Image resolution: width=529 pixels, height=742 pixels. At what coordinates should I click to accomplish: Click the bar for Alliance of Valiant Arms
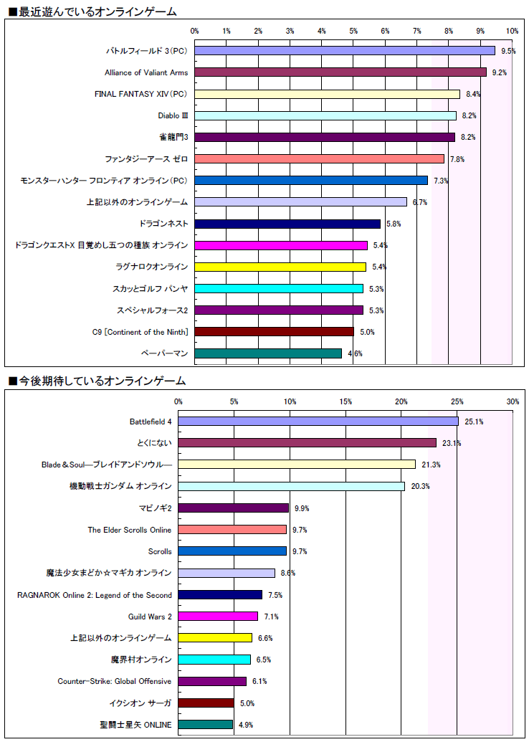pyautogui.click(x=340, y=72)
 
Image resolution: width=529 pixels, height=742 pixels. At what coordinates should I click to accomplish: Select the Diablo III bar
pyautogui.click(x=325, y=115)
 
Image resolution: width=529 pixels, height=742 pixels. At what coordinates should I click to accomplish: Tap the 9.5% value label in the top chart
pyautogui.click(x=508, y=51)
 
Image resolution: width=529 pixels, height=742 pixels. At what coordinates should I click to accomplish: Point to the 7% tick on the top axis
pyautogui.click(x=416, y=32)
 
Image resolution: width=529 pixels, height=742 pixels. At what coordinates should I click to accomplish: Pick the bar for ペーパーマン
pyautogui.click(x=268, y=353)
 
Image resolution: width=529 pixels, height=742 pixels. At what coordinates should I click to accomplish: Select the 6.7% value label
pyautogui.click(x=419, y=202)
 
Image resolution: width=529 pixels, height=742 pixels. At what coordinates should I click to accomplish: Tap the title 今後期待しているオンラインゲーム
pyautogui.click(x=96, y=381)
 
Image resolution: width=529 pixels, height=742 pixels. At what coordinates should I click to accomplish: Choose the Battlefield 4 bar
pyautogui.click(x=318, y=422)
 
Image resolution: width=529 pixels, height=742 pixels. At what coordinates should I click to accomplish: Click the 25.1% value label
pyautogui.click(x=474, y=422)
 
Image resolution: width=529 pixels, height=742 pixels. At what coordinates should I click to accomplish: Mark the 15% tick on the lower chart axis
pyautogui.click(x=345, y=401)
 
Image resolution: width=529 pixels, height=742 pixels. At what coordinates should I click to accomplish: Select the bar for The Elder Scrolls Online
pyautogui.click(x=232, y=530)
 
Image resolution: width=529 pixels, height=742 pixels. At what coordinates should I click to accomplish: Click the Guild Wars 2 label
pyautogui.click(x=150, y=617)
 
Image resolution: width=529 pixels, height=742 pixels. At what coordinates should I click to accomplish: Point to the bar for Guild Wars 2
pyautogui.click(x=218, y=617)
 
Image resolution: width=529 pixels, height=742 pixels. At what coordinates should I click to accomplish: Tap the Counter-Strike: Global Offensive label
pyautogui.click(x=115, y=681)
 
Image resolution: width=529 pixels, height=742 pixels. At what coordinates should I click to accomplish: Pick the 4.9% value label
pyautogui.click(x=246, y=725)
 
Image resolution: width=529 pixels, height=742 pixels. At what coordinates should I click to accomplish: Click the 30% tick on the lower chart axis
pyautogui.click(x=513, y=401)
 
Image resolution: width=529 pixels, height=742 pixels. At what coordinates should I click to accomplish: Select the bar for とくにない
pyautogui.click(x=308, y=443)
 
